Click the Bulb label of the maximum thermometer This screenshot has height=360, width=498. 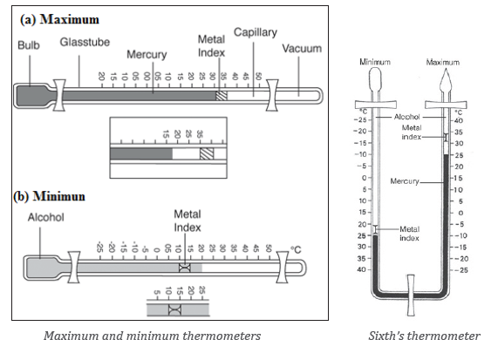(x=29, y=45)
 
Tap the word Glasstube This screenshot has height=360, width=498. (x=85, y=42)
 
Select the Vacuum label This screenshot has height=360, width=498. (x=302, y=49)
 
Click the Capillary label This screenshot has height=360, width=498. (x=256, y=32)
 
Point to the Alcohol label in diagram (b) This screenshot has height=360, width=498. (x=45, y=217)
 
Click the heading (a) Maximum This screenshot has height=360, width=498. (x=59, y=19)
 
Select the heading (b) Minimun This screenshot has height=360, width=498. (x=49, y=196)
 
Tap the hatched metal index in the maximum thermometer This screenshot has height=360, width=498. (x=222, y=96)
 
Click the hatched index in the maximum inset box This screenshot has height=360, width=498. (x=207, y=153)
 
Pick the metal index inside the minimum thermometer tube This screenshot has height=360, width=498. (x=185, y=268)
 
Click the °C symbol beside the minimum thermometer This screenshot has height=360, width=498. (x=296, y=250)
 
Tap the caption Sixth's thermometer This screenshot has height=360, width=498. (x=425, y=336)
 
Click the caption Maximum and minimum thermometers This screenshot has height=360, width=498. (x=152, y=336)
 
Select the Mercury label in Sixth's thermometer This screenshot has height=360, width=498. (x=405, y=181)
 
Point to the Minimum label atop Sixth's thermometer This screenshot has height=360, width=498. (x=375, y=62)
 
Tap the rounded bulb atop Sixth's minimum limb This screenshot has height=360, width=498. (x=375, y=79)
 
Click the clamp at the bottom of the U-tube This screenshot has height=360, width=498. (x=411, y=295)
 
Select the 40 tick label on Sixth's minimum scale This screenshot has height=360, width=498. (x=361, y=269)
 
